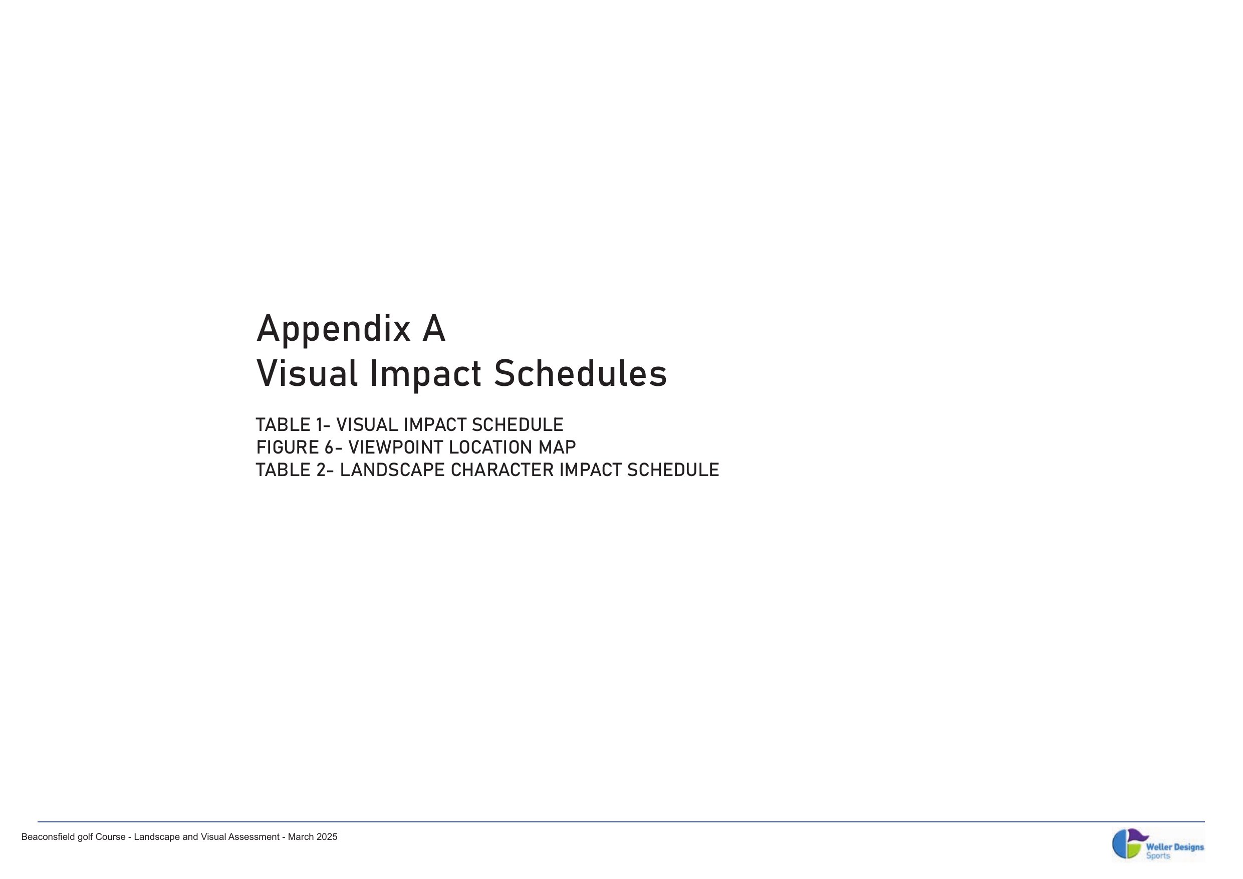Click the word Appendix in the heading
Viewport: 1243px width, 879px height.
point(334,330)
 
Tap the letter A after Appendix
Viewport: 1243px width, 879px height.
point(434,328)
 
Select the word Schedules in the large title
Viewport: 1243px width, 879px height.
point(580,374)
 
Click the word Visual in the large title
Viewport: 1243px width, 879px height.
point(307,374)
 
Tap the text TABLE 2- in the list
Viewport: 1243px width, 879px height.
point(295,470)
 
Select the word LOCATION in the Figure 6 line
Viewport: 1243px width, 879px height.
point(491,448)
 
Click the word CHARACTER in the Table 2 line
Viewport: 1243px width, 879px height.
point(503,470)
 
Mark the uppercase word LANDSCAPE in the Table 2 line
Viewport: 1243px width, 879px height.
point(392,470)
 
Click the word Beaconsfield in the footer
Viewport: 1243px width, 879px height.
point(48,837)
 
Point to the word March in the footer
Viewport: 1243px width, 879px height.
point(300,837)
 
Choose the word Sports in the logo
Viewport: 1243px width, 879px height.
point(1158,856)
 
